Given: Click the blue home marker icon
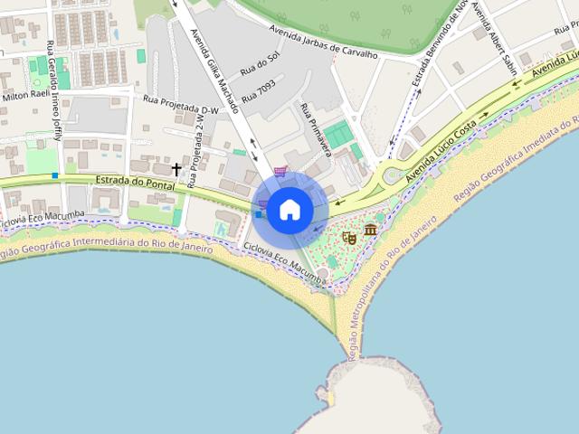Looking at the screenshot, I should (x=289, y=210).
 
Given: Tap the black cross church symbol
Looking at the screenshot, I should (x=176, y=169).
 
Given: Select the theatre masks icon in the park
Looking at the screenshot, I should (x=349, y=238).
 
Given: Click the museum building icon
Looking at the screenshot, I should (x=371, y=231).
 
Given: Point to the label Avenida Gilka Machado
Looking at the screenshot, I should (x=215, y=72).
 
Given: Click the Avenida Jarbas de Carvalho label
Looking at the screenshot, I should (x=322, y=42).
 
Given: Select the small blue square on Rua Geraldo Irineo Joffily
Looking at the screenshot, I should (x=55, y=175).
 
